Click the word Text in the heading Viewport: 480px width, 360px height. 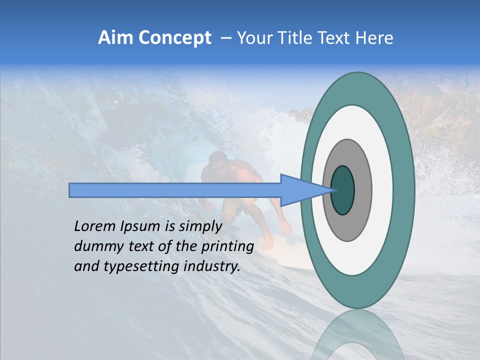[x=335, y=38]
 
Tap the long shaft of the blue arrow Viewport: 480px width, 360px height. [x=175, y=190]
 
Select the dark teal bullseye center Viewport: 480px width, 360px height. [x=342, y=190]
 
